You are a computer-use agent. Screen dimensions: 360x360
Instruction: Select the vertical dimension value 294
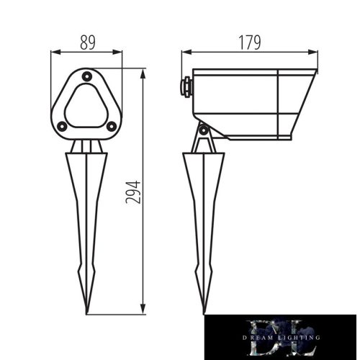(x=132, y=192)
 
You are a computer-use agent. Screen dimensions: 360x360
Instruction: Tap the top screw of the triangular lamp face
(x=86, y=76)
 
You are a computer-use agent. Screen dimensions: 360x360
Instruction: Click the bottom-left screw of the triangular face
(x=63, y=126)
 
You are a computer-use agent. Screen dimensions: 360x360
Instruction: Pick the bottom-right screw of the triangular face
(x=111, y=126)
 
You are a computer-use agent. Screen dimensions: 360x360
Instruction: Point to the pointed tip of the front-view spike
(x=87, y=312)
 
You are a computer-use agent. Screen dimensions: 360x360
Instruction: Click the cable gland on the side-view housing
(x=186, y=86)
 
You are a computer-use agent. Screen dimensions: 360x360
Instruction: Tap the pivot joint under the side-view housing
(x=204, y=130)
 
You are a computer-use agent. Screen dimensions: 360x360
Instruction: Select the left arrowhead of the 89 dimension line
(x=54, y=52)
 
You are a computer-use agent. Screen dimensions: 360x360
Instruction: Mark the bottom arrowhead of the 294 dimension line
(x=144, y=311)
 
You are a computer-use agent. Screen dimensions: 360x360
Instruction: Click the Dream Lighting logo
(x=280, y=337)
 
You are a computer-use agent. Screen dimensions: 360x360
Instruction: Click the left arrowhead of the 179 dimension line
(x=185, y=52)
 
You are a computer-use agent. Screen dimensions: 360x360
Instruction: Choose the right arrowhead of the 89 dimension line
(x=119, y=52)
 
